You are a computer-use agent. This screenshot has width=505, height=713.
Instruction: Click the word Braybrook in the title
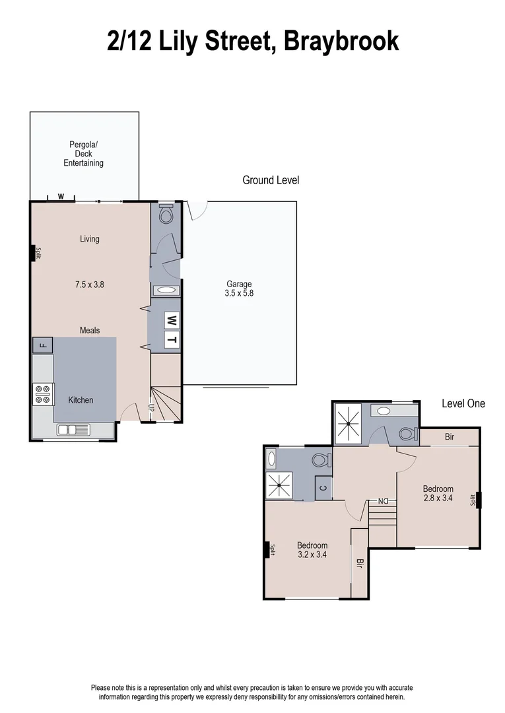[341, 41]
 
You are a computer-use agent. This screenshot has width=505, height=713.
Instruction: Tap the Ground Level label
[271, 180]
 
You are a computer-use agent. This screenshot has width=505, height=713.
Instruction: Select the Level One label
[463, 403]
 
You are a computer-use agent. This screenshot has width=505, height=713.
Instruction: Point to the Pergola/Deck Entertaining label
[83, 154]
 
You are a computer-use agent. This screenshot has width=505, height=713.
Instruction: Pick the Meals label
[90, 329]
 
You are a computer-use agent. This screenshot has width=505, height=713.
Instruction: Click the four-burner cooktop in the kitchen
[42, 394]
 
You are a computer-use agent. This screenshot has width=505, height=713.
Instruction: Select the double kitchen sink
[73, 430]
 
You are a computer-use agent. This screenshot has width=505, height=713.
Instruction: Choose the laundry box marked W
[172, 321]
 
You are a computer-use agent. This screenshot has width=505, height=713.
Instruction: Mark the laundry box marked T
[172, 340]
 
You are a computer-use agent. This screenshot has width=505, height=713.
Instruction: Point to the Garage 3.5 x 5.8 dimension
[239, 289]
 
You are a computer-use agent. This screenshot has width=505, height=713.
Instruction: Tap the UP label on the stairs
[152, 407]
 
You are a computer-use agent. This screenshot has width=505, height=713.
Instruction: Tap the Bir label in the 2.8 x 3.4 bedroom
[450, 437]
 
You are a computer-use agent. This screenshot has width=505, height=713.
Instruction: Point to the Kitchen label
[81, 400]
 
